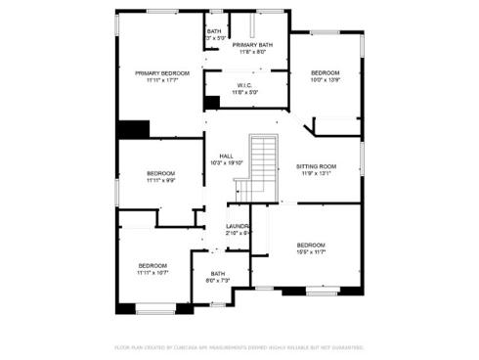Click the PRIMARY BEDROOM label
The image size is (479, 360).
161,73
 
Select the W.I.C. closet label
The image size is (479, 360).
245,85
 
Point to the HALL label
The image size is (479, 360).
226,157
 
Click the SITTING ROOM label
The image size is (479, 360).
316,167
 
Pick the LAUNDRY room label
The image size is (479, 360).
239,227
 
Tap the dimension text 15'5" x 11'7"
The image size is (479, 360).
311,252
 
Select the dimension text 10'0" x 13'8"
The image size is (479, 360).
326,81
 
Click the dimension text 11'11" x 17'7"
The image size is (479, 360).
161,81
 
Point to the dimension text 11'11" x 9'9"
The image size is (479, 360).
160,180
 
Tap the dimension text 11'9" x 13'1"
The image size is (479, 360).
316,175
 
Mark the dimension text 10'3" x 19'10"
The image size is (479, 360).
226,163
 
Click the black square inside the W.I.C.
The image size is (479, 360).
211,102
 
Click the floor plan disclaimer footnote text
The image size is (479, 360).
239,346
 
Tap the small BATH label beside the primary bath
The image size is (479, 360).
214,31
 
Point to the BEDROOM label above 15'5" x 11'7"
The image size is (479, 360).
311,245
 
